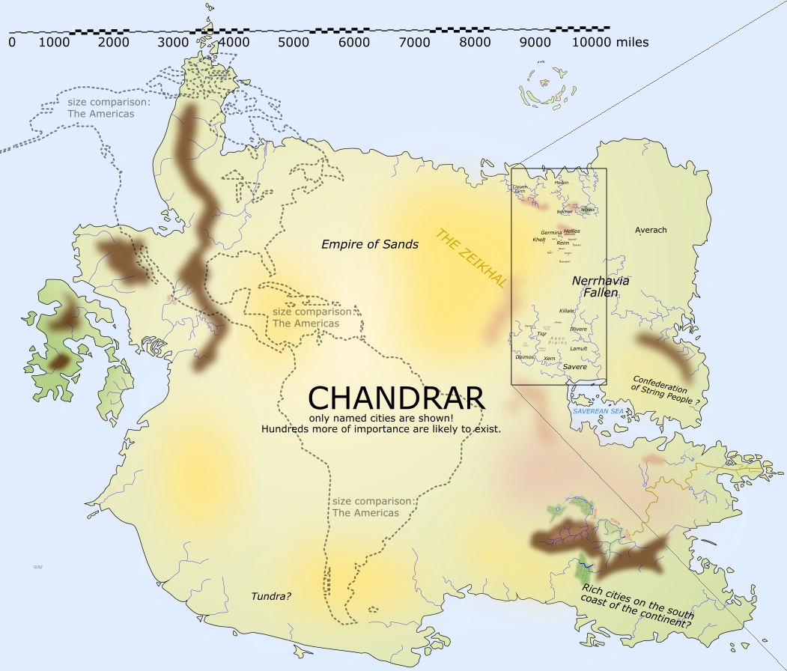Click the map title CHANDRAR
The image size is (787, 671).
[x=397, y=398]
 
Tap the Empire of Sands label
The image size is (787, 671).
[x=369, y=244]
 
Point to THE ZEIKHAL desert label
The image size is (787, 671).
[x=472, y=258]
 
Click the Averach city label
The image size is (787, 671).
[x=650, y=230]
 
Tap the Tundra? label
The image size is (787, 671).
[x=271, y=596]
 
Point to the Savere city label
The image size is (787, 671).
[x=574, y=367]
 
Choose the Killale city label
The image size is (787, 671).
[x=567, y=311]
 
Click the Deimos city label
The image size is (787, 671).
[x=525, y=357]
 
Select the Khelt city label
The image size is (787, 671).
[x=539, y=240]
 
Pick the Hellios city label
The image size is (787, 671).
[x=571, y=231]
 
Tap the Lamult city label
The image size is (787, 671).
[x=578, y=348]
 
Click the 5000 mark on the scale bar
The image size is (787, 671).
[x=294, y=43]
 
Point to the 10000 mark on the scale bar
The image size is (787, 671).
[x=592, y=43]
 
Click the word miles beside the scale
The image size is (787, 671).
[x=632, y=43]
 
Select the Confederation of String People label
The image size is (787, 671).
[x=660, y=389]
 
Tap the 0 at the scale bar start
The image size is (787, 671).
[x=12, y=43]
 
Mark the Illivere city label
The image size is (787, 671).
[x=578, y=329]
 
